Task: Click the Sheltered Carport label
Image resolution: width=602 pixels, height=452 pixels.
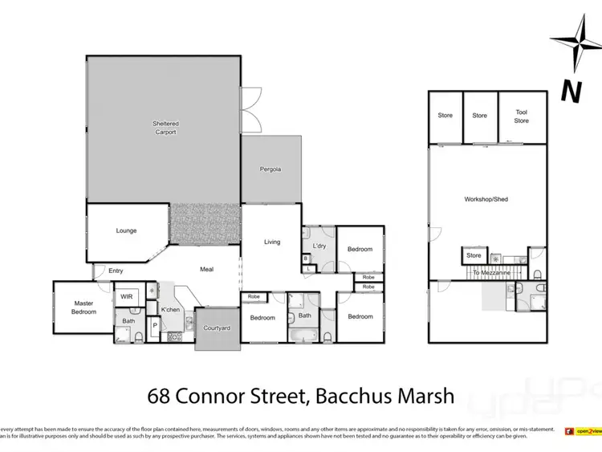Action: [x=165, y=128]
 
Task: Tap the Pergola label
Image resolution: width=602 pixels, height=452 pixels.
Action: [x=270, y=169]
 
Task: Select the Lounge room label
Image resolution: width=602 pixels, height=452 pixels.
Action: [x=126, y=231]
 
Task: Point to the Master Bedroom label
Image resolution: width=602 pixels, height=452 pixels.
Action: [x=83, y=307]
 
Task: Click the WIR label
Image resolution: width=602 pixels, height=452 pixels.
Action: [x=126, y=296]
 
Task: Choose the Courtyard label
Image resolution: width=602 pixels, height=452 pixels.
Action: [x=217, y=328]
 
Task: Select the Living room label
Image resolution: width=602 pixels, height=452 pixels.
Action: [x=272, y=242]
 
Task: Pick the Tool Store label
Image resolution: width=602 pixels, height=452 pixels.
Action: [x=522, y=116]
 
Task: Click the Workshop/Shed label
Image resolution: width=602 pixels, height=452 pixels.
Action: [x=486, y=199]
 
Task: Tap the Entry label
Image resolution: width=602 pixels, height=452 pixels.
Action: [x=116, y=271]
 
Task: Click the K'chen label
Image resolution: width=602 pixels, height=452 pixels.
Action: [x=169, y=309]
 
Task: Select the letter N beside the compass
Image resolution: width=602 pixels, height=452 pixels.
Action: [x=571, y=90]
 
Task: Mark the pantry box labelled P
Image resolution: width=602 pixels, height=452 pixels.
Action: [x=154, y=326]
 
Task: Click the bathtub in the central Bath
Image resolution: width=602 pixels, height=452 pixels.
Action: [x=305, y=335]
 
